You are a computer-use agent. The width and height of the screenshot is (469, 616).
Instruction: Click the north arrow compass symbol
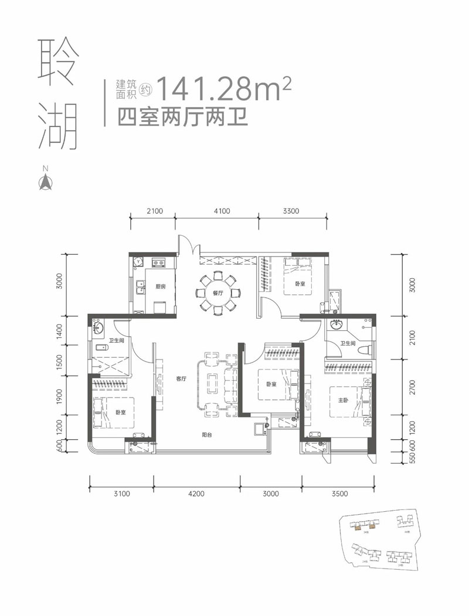tap(45, 180)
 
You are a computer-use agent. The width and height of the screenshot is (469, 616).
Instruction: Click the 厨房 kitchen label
tap(162, 287)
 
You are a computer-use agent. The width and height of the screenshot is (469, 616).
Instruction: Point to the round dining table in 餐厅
tap(218, 292)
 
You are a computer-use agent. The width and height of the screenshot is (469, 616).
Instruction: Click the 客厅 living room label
tap(181, 379)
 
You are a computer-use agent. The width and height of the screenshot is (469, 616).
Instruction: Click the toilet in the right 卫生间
tap(363, 350)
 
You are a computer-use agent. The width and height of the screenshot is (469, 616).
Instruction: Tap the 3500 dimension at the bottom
tap(339, 494)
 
